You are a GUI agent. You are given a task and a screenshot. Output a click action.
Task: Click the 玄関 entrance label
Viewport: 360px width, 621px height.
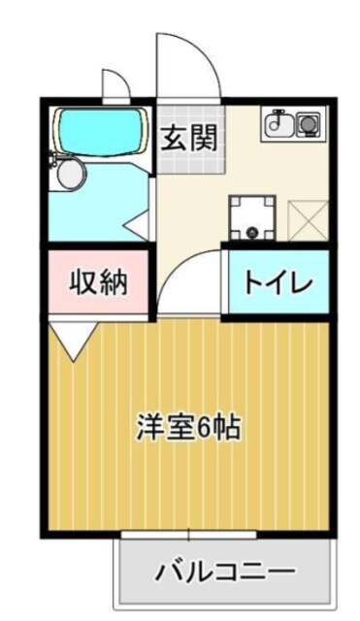click(188, 138)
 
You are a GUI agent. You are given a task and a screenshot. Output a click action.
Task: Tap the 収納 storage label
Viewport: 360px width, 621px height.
click(97, 282)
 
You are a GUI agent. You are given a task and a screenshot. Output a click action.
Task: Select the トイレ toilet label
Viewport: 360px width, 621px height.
click(277, 282)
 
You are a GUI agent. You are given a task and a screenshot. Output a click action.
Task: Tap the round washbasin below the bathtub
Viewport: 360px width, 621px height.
click(70, 175)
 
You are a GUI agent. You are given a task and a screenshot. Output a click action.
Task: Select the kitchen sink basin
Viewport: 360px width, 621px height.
click(279, 124)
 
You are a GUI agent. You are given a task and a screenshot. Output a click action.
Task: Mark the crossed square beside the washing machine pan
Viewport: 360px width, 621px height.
click(306, 216)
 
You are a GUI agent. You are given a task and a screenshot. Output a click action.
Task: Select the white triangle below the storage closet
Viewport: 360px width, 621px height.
click(74, 340)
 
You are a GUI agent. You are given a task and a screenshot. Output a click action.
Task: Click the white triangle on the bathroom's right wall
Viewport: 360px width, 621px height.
click(139, 226)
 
